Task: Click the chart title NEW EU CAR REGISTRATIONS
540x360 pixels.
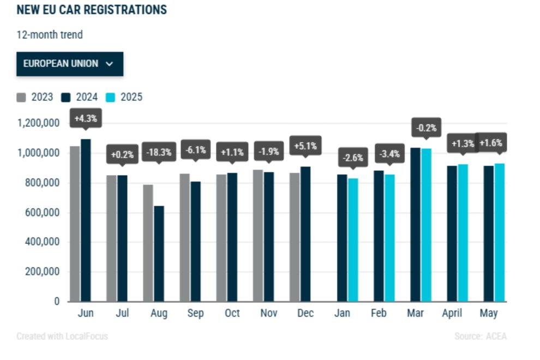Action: (92, 10)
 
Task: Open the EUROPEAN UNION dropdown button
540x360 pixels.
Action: (69, 64)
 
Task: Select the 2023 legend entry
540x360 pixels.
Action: (35, 97)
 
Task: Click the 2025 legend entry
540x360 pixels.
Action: (125, 97)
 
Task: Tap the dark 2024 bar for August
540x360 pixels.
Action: (159, 254)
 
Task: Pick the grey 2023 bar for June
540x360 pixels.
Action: (74, 224)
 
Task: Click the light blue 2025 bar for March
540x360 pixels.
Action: (426, 225)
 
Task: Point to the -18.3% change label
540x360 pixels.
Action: (159, 152)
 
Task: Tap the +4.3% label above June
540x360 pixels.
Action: (86, 119)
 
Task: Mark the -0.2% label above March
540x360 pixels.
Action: (426, 128)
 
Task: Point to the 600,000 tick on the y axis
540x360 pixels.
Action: (41, 213)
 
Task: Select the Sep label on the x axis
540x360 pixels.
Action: (195, 314)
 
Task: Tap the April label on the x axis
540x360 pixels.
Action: (452, 314)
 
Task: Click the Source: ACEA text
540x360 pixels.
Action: (480, 337)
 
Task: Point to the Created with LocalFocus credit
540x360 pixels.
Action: (62, 337)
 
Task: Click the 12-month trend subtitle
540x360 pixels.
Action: (50, 35)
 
